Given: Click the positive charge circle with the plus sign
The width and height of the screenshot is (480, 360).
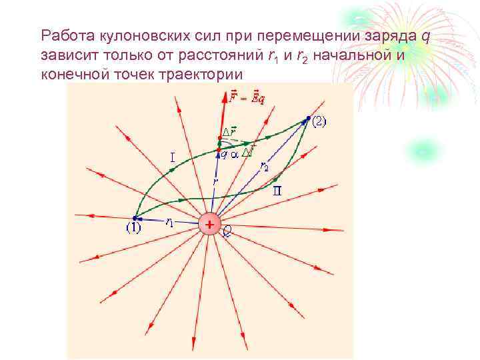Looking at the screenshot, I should pyautogui.click(x=209, y=225).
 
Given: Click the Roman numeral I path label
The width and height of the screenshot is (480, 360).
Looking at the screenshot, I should pyautogui.click(x=173, y=159).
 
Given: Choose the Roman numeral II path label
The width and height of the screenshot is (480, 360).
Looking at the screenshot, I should pyautogui.click(x=277, y=191).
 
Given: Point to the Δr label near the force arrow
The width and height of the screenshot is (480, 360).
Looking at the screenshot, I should pyautogui.click(x=229, y=131).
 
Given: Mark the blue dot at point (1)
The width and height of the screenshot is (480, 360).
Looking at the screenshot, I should pyautogui.click(x=135, y=218).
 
